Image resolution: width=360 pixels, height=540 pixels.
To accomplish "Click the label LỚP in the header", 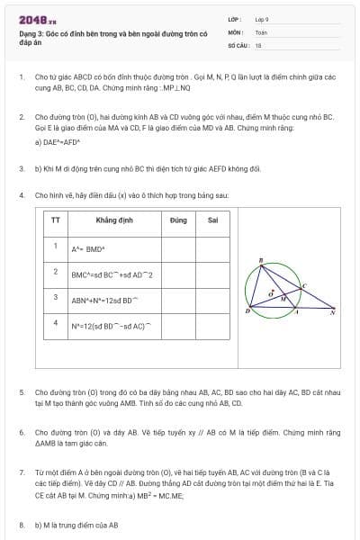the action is (232, 19).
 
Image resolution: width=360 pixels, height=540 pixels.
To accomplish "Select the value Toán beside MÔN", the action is (261, 31).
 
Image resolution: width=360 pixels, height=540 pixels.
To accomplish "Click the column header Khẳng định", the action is (112, 220).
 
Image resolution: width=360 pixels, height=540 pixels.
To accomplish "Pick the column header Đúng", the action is (178, 220).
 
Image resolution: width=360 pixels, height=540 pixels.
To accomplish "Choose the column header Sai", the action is (212, 220).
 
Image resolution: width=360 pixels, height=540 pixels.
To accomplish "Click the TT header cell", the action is (55, 220).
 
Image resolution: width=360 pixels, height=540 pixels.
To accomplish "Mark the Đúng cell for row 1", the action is (178, 247).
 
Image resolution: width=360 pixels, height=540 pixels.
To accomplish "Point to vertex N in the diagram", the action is (332, 311).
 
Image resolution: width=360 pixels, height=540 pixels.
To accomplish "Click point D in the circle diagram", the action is (247, 310).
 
